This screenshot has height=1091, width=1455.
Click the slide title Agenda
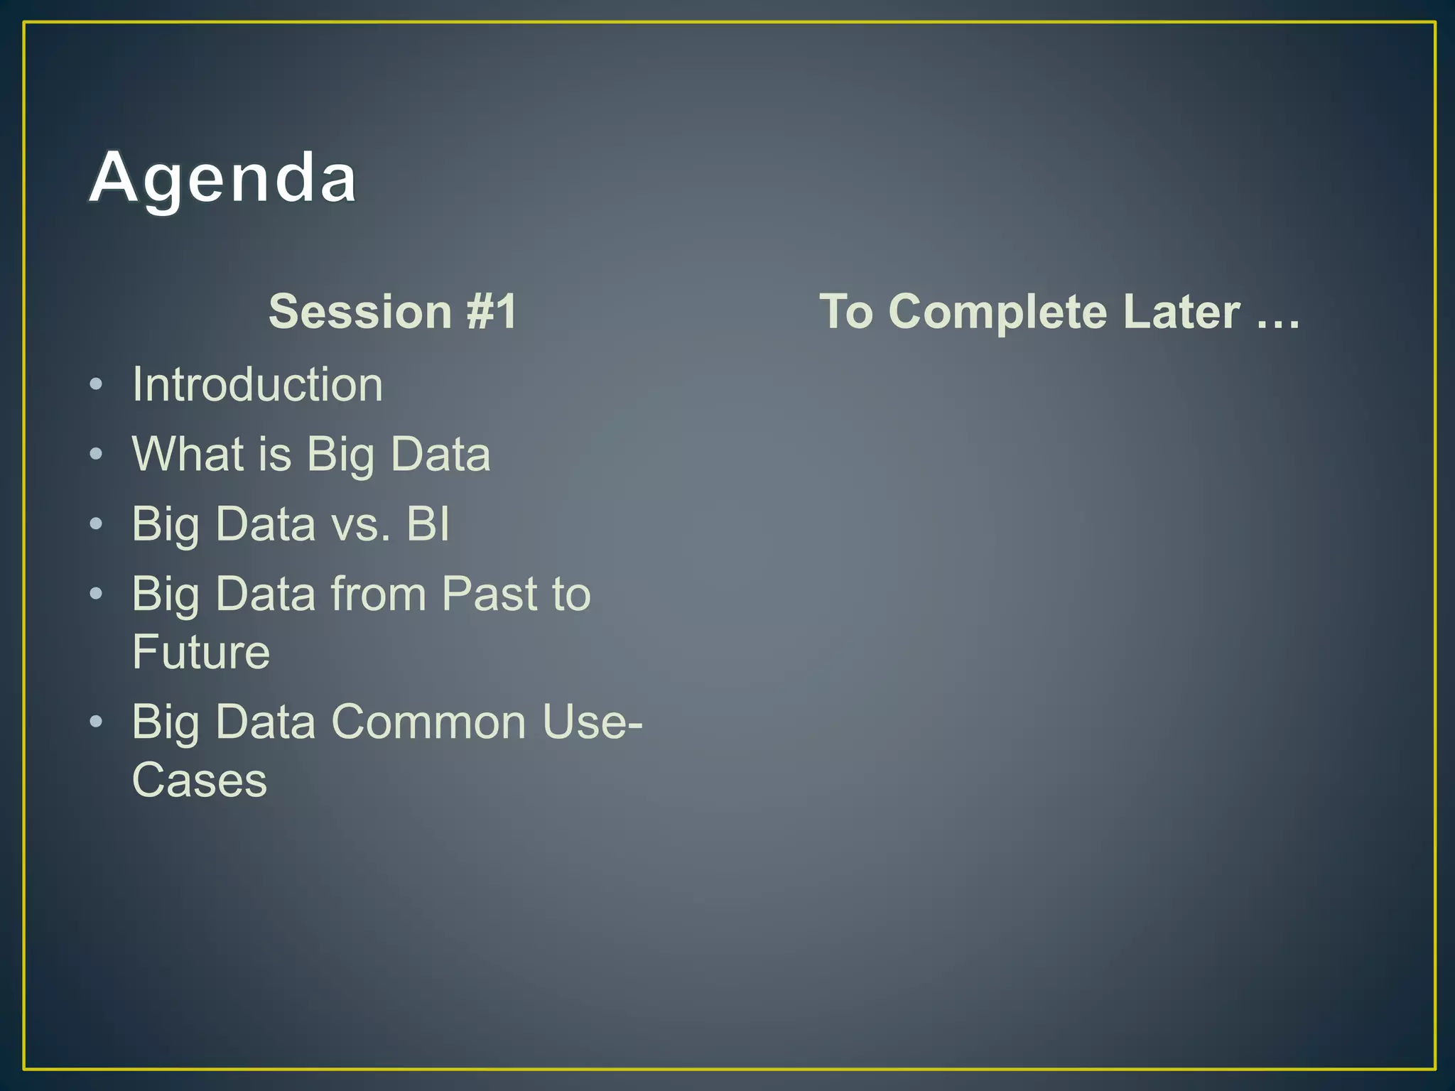pyautogui.click(x=222, y=178)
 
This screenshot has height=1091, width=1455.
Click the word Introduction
pyautogui.click(x=257, y=384)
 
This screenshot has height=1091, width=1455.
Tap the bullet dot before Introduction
pyautogui.click(x=97, y=385)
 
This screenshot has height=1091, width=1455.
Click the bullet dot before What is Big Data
pyautogui.click(x=97, y=455)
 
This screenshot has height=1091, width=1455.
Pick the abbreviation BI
pyautogui.click(x=428, y=523)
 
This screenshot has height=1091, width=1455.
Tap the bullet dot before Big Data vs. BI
pyautogui.click(x=97, y=524)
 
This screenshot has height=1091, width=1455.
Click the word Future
pyautogui.click(x=201, y=652)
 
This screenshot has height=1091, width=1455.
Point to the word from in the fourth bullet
pyautogui.click(x=378, y=594)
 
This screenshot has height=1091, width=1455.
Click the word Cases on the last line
pyautogui.click(x=200, y=780)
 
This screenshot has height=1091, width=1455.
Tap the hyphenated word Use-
pyautogui.click(x=592, y=722)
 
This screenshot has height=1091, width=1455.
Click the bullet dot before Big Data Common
pyautogui.click(x=97, y=722)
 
